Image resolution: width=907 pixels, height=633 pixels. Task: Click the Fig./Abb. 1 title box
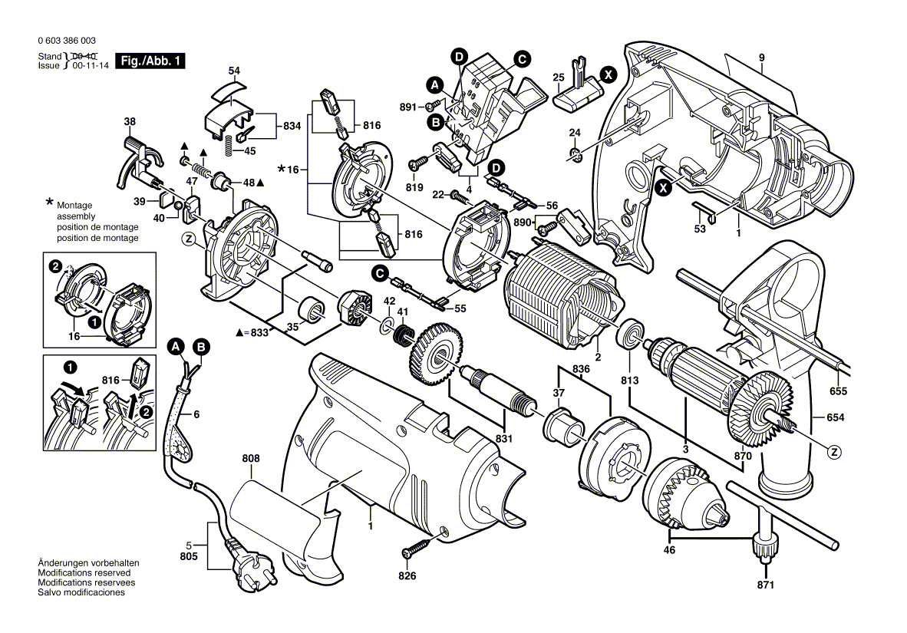[x=150, y=61]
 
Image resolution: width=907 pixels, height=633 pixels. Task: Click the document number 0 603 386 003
[x=67, y=41]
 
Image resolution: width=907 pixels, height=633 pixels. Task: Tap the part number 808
[x=251, y=458]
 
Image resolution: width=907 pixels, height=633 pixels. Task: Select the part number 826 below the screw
[x=407, y=575]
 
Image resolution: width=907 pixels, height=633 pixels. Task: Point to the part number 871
[x=765, y=585]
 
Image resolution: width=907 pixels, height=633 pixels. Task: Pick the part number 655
[x=838, y=392]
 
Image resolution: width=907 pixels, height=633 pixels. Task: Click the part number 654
[x=836, y=417]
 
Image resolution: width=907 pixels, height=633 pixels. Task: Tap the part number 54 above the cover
[x=234, y=71]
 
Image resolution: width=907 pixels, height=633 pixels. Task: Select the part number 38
[x=130, y=121]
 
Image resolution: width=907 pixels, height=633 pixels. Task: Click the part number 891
[x=407, y=107]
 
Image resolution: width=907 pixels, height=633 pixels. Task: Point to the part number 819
[x=414, y=187]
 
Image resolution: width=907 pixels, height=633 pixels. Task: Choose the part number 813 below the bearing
[x=629, y=380]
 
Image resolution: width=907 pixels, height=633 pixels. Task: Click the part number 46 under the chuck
[x=669, y=550]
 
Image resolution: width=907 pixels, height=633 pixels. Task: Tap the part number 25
[x=558, y=77]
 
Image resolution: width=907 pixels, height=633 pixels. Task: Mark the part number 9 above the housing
[x=762, y=58]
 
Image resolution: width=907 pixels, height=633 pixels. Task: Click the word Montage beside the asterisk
[x=74, y=206]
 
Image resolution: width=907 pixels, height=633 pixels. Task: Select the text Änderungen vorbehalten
[x=88, y=563]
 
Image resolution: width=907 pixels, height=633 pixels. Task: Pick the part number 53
[x=700, y=229]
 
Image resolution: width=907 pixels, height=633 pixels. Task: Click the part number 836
[x=581, y=369]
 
